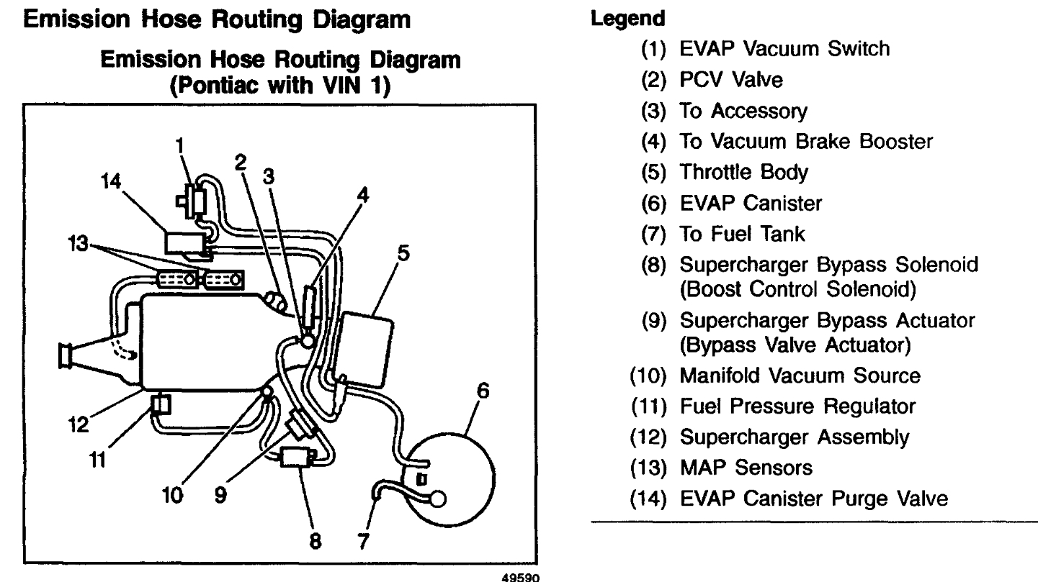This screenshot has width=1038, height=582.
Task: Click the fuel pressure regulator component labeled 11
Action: (160, 405)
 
